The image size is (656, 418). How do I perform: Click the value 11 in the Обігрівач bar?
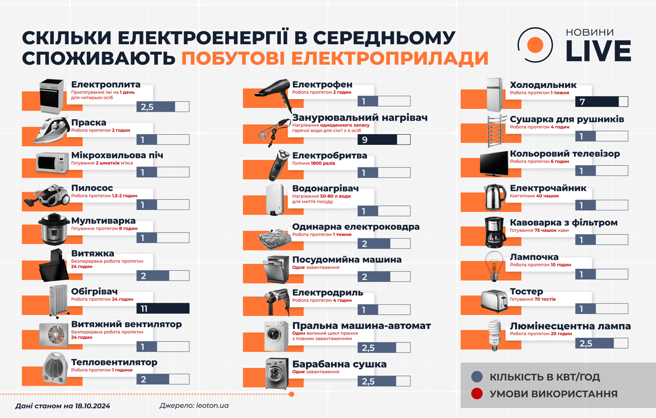(x=144, y=309)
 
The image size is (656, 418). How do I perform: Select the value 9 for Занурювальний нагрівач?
(x=365, y=140)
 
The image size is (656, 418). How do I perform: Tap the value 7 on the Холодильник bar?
(x=582, y=102)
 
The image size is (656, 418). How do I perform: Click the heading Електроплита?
(x=106, y=85)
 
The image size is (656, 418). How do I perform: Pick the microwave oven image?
(x=52, y=163)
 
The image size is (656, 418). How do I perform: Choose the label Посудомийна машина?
(x=347, y=260)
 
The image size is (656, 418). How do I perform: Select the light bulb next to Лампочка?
(x=494, y=266)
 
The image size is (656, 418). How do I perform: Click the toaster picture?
(x=494, y=300)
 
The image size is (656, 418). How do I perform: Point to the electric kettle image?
(x=494, y=198)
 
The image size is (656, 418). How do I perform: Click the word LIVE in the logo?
(x=598, y=51)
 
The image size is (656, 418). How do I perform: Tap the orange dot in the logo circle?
(x=535, y=46)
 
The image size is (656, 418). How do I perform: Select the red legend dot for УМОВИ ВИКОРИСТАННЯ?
(x=477, y=394)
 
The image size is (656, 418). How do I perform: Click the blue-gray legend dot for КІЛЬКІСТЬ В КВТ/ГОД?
(x=477, y=377)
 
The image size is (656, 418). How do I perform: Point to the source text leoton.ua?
(x=212, y=405)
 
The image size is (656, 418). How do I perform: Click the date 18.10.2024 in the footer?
(x=92, y=406)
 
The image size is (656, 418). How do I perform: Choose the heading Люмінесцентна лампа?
(x=570, y=326)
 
